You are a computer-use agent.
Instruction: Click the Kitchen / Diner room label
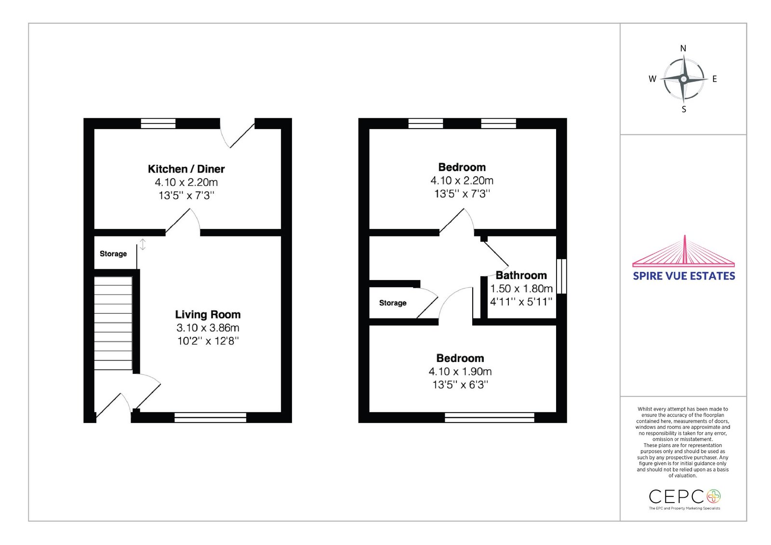click(186, 169)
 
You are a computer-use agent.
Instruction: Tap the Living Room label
click(208, 315)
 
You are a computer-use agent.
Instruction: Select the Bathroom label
click(521, 276)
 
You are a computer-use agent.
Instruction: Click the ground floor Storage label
click(113, 254)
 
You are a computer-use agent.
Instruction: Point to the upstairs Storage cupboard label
click(393, 303)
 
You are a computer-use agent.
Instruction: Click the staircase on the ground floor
click(113, 323)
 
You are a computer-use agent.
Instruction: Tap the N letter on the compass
click(683, 49)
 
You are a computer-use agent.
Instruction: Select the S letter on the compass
click(684, 109)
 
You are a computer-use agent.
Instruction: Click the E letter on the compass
click(715, 79)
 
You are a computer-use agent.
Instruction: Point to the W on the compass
click(652, 79)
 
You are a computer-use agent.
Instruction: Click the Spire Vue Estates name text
click(684, 276)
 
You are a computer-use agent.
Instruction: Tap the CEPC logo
click(684, 500)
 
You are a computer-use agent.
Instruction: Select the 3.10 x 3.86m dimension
click(208, 328)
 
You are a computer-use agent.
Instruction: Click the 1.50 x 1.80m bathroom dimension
click(521, 289)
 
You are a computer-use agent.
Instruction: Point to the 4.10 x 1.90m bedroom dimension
click(460, 372)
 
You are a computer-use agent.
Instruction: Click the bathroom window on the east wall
click(561, 276)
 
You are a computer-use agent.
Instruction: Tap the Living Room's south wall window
click(210, 417)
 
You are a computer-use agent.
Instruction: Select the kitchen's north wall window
click(159, 123)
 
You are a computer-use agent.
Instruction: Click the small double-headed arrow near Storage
click(143, 244)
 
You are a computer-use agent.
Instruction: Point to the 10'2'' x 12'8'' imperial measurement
click(208, 341)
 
